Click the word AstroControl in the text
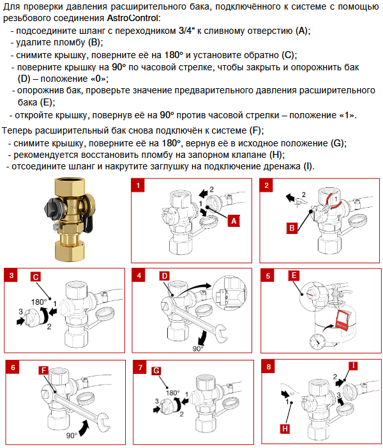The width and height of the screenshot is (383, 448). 132,18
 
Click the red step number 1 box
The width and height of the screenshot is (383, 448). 138,185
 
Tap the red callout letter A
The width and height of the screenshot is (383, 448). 234,221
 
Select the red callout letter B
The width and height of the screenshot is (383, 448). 292,228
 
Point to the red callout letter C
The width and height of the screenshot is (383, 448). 36,277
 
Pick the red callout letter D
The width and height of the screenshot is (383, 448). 165,275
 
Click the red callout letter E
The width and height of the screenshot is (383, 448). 294,275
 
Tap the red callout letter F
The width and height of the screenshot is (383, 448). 43,371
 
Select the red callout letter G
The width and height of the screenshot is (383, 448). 156,371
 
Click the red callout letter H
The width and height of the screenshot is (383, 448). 285,429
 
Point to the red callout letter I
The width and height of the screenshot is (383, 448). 354,366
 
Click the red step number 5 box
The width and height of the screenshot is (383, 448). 267,275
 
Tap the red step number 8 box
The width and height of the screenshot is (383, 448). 268,367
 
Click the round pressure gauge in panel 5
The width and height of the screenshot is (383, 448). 317,341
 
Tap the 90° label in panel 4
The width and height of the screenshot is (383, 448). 198,349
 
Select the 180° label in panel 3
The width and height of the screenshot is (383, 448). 39,302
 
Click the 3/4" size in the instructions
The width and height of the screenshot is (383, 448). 186,31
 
